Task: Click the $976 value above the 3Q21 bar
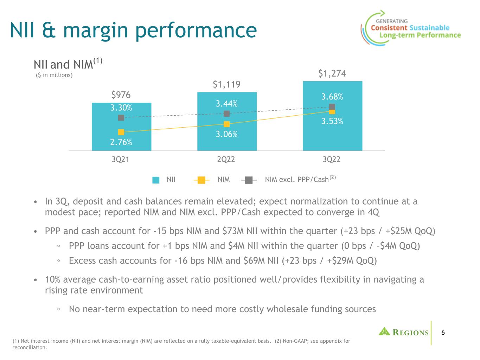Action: [x=121, y=95]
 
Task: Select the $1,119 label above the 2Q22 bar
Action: [x=226, y=84]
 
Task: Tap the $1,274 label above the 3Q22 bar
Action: [x=332, y=73]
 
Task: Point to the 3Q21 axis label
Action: [x=121, y=159]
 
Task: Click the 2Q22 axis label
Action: [x=226, y=159]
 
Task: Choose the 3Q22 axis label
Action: [x=332, y=159]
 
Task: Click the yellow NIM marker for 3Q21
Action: [x=121, y=132]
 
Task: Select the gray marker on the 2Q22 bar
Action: [x=226, y=114]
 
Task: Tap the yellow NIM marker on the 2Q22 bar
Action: [x=226, y=124]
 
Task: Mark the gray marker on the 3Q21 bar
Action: [x=121, y=117]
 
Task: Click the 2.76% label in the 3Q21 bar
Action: [x=121, y=142]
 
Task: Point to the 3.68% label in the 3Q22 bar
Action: [x=332, y=97]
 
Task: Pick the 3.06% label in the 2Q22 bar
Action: [x=226, y=134]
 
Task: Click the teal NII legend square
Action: [x=156, y=180]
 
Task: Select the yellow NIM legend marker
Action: [x=201, y=180]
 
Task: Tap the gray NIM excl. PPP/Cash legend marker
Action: [x=249, y=180]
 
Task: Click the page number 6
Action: [x=443, y=333]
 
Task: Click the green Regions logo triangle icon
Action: [x=384, y=332]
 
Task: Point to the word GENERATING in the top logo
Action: [x=392, y=21]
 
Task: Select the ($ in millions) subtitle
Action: [x=54, y=75]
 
